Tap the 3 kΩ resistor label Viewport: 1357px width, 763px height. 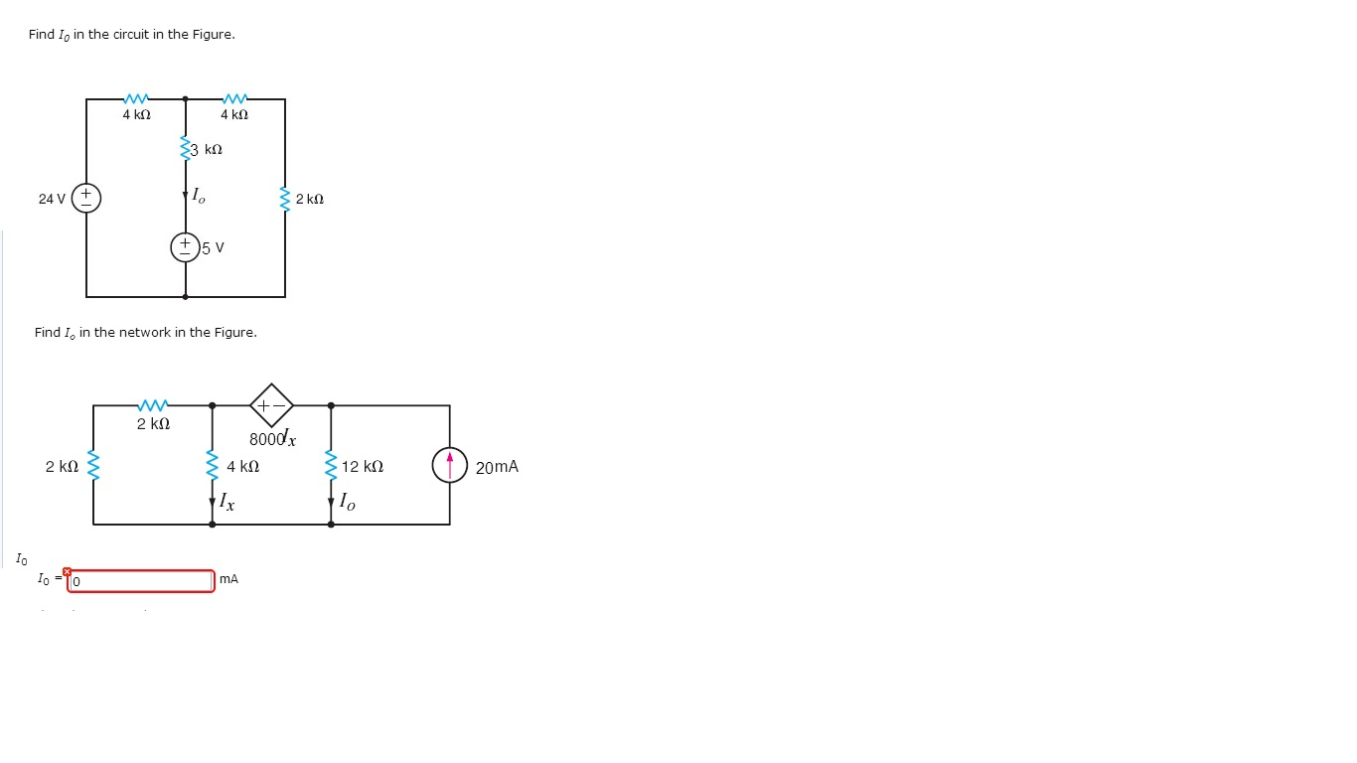(207, 149)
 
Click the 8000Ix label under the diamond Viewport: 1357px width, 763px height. (272, 437)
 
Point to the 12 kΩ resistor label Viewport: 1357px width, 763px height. (363, 466)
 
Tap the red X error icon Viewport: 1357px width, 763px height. (67, 571)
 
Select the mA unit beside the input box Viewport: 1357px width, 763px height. (229, 579)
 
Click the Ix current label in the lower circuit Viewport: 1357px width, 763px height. (227, 501)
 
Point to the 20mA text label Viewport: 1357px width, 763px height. (497, 467)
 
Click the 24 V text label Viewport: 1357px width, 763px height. (52, 199)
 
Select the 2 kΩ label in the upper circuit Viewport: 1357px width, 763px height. (310, 199)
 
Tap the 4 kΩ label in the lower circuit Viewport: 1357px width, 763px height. (243, 466)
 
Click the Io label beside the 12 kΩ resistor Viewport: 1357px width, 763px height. (347, 501)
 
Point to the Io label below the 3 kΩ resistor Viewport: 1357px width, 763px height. (199, 195)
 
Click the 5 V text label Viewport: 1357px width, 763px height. (213, 247)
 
